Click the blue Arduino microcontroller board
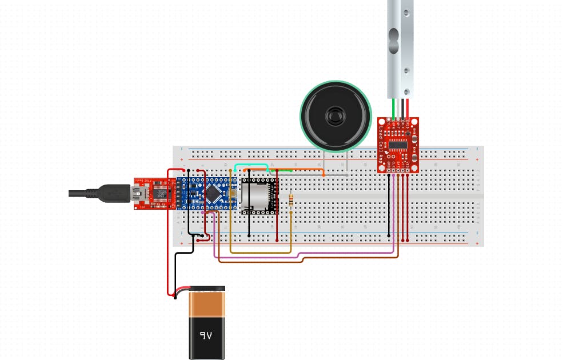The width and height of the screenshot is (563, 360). point(206,194)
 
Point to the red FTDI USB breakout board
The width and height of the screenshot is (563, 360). point(154,194)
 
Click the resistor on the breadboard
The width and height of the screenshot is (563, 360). point(292,200)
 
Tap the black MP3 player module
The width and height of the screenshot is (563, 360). point(258,196)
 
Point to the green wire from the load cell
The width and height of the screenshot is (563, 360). point(393,109)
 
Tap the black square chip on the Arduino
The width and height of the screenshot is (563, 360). point(213,194)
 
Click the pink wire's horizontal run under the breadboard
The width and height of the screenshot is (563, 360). point(303,256)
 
